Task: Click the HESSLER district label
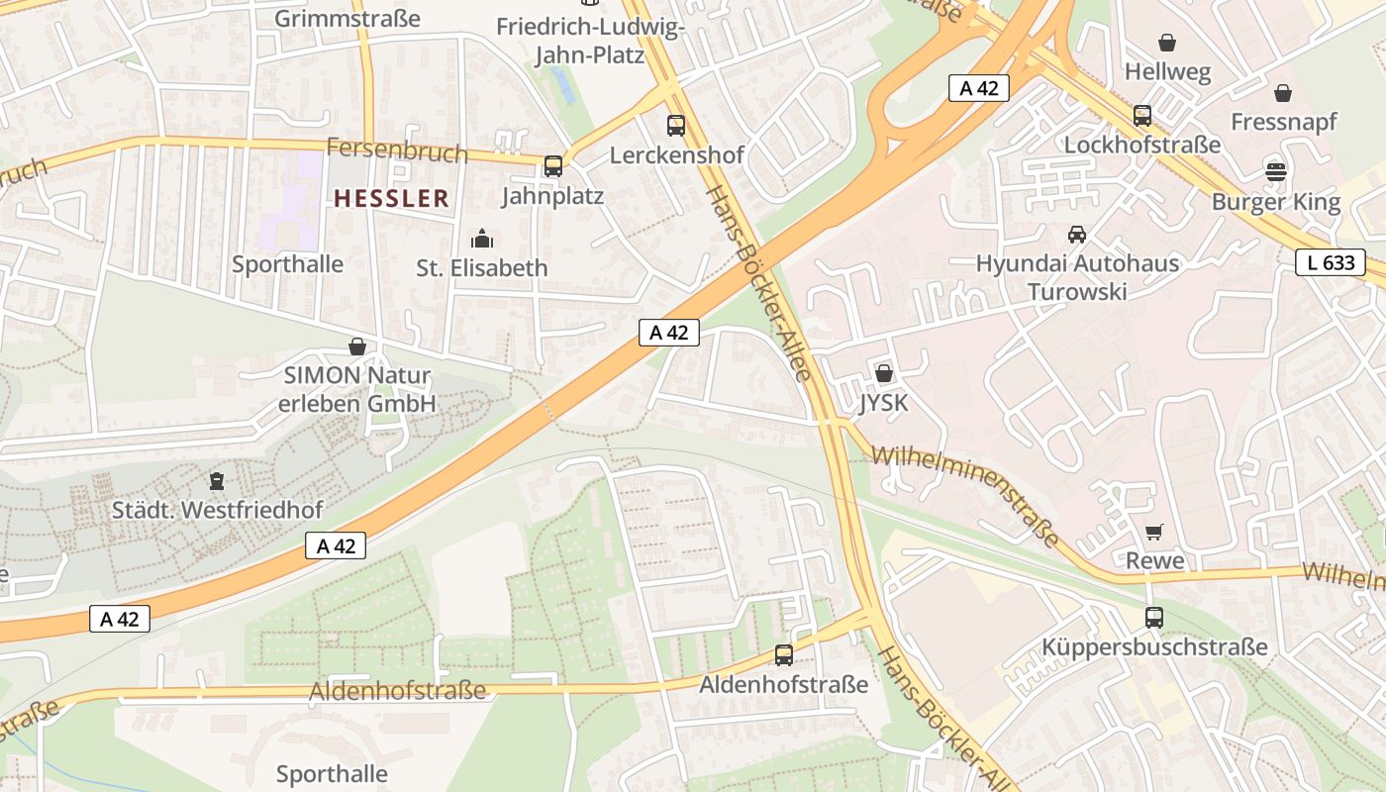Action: click(391, 198)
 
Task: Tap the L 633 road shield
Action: click(1330, 262)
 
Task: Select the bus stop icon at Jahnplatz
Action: click(553, 166)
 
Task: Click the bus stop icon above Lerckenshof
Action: click(676, 126)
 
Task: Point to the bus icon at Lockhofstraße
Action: click(1142, 116)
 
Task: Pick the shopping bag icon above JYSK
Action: click(883, 373)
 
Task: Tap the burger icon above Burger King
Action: click(1275, 171)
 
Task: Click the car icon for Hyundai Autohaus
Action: click(1076, 235)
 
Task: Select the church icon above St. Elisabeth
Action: click(482, 239)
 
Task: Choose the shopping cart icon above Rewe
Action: click(1153, 533)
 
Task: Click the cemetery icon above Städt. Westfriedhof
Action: click(217, 482)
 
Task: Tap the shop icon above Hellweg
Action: click(1167, 43)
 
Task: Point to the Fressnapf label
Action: click(1283, 122)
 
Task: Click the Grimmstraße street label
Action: click(346, 18)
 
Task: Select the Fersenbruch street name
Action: click(396, 151)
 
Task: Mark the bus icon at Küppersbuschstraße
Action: click(1153, 618)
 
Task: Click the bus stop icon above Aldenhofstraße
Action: click(783, 654)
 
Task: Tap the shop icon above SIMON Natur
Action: click(356, 346)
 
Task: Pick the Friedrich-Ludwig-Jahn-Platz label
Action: click(590, 40)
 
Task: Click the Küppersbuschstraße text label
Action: click(1153, 647)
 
